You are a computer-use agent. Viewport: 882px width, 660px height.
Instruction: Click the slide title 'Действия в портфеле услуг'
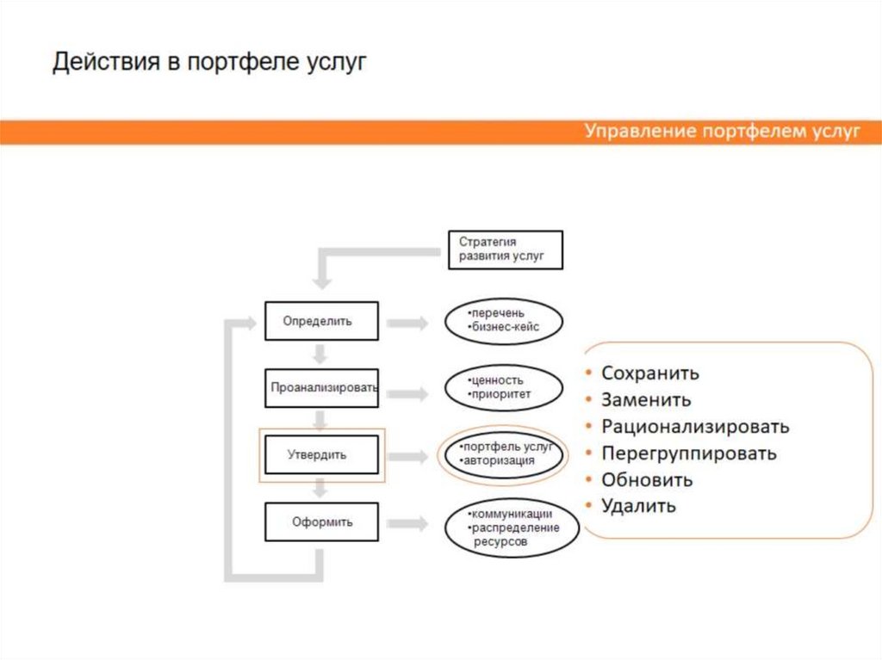click(x=209, y=64)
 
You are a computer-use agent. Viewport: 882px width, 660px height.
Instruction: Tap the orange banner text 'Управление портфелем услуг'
click(x=722, y=132)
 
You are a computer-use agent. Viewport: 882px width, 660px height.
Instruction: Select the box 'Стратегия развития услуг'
click(x=506, y=250)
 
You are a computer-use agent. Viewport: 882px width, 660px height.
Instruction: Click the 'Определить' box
click(x=320, y=321)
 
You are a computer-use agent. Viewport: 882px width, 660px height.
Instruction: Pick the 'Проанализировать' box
click(x=321, y=387)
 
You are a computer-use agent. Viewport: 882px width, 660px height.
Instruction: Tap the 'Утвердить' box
click(x=321, y=454)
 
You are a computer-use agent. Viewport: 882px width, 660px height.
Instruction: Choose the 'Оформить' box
click(x=321, y=521)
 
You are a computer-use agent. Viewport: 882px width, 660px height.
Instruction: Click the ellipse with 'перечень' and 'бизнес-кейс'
click(x=504, y=321)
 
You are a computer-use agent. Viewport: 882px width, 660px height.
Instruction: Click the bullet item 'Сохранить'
click(x=649, y=373)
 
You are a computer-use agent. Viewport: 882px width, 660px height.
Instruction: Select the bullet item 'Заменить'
click(x=646, y=400)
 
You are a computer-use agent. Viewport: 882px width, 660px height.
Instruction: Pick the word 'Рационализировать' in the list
click(x=695, y=427)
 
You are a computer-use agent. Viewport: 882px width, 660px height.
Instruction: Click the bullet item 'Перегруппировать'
click(x=689, y=453)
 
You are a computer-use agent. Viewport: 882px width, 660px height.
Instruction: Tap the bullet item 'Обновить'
click(x=647, y=479)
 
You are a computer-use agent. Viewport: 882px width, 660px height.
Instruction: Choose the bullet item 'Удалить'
click(x=638, y=506)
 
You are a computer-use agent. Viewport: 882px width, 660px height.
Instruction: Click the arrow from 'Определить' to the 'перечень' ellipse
click(x=407, y=323)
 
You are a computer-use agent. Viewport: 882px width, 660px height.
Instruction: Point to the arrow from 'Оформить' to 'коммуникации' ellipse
click(x=407, y=523)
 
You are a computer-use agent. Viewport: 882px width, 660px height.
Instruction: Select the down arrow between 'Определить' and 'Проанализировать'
click(x=320, y=354)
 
